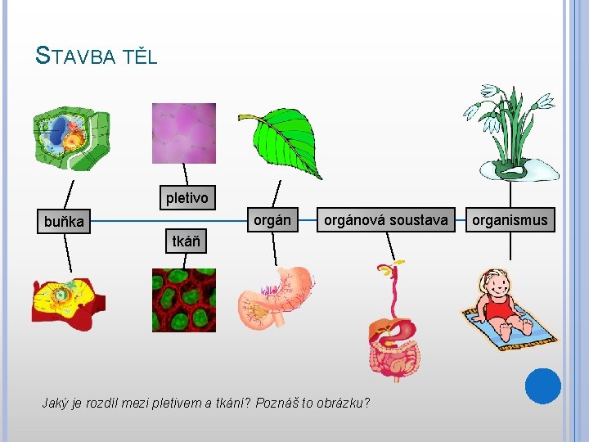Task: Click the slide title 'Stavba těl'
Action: [97, 56]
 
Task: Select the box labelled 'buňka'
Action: [63, 221]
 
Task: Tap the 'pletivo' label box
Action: [187, 197]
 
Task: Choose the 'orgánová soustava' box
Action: [385, 219]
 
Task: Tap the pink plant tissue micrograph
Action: [184, 133]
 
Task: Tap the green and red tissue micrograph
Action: [184, 300]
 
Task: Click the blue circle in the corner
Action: [542, 386]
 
